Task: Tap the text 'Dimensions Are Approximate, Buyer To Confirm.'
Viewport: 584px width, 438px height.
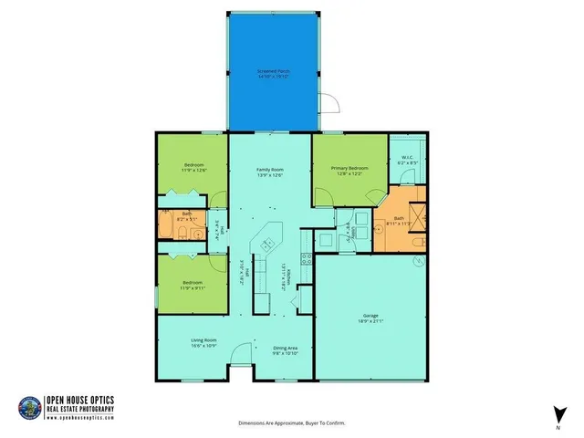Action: (x=292, y=423)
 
